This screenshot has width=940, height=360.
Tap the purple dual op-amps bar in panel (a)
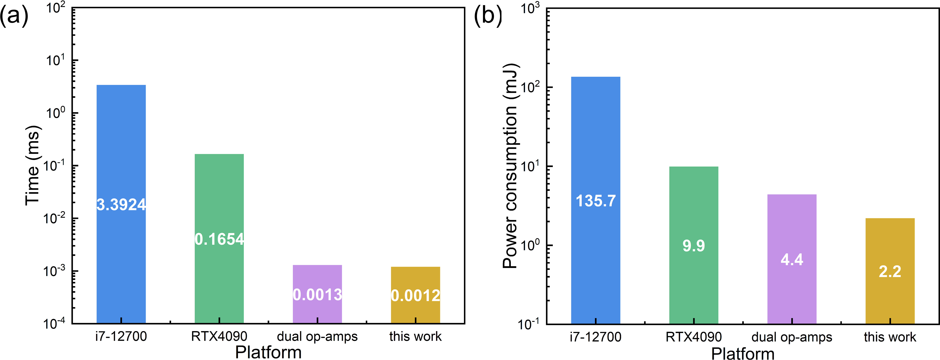coord(317,277)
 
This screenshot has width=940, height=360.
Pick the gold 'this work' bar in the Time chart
coord(415,279)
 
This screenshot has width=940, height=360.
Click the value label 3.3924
coord(121,205)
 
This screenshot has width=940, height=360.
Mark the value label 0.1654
coord(219,239)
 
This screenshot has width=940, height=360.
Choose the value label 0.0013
coord(317,295)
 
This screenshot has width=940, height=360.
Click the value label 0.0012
coord(415,295)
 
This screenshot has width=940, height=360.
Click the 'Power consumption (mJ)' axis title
coord(510,166)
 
